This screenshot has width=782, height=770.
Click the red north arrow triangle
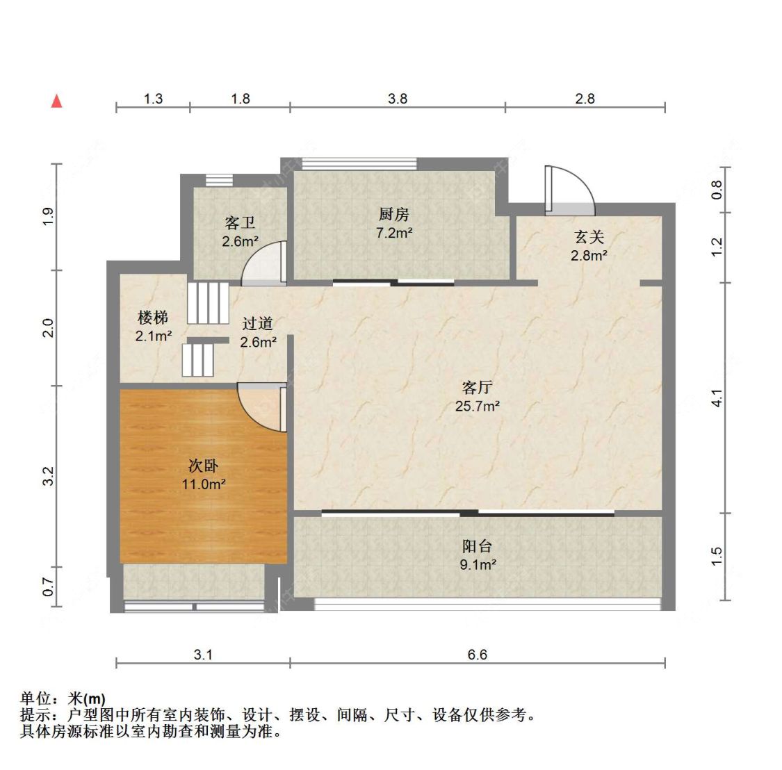(57, 101)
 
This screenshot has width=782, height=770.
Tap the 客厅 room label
(478, 388)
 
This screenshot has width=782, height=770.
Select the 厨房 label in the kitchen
(394, 215)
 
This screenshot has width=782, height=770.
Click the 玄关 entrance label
(589, 236)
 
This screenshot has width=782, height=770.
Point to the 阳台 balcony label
(478, 546)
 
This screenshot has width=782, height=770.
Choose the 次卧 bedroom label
(204, 466)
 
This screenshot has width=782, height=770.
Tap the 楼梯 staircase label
(153, 317)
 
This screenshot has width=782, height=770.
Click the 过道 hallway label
(258, 324)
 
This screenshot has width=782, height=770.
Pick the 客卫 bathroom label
(240, 222)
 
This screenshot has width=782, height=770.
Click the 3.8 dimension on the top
(398, 99)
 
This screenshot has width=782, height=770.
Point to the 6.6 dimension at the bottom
(478, 655)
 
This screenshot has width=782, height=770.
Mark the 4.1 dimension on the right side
(717, 398)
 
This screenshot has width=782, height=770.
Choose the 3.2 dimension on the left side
(48, 476)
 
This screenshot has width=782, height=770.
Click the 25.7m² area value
(478, 406)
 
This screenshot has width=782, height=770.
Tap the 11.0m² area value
(204, 484)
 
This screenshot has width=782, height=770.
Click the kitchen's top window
(359, 163)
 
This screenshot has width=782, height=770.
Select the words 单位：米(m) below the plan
(63, 698)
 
